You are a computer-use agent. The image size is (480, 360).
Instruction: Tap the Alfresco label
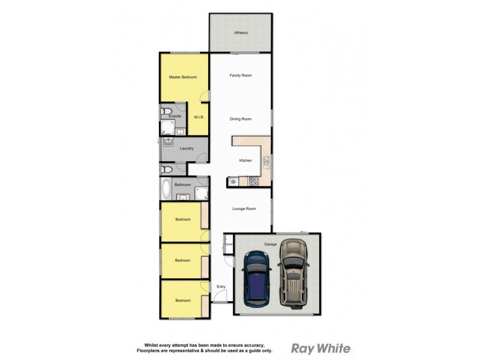[241, 32]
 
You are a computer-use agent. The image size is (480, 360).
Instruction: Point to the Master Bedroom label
[183, 77]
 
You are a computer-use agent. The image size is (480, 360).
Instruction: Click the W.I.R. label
[199, 118]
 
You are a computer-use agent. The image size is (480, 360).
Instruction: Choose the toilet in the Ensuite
[168, 111]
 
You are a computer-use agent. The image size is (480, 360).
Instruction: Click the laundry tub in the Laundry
[169, 142]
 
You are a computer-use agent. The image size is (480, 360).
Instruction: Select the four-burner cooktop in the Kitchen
[254, 181]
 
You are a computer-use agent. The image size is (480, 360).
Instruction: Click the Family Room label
[241, 76]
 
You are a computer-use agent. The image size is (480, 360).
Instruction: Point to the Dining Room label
[241, 119]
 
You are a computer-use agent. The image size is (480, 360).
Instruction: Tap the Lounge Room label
[244, 209]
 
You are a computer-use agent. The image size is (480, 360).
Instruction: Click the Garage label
[270, 244]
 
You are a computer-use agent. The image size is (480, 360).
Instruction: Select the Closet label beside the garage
[229, 245]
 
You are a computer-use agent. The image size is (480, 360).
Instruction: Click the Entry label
[221, 287]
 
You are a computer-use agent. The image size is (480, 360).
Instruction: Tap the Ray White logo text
[320, 348]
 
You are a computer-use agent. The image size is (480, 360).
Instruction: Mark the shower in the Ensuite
[166, 127]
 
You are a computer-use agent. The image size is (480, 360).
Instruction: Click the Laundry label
[185, 148]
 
